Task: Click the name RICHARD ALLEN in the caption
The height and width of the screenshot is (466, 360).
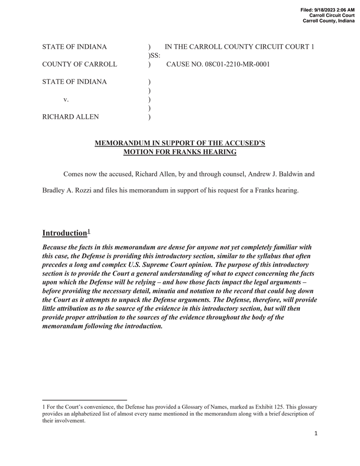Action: [x=70, y=117]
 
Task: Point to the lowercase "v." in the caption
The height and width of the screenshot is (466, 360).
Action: [x=66, y=99]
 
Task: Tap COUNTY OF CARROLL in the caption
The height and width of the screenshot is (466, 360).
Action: [x=79, y=64]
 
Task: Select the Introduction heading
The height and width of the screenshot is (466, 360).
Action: [x=64, y=233]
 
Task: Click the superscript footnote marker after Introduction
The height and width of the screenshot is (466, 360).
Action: [x=89, y=231]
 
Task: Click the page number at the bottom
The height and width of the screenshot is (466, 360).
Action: [x=316, y=434]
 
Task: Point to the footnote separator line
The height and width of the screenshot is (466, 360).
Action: [x=84, y=400]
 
